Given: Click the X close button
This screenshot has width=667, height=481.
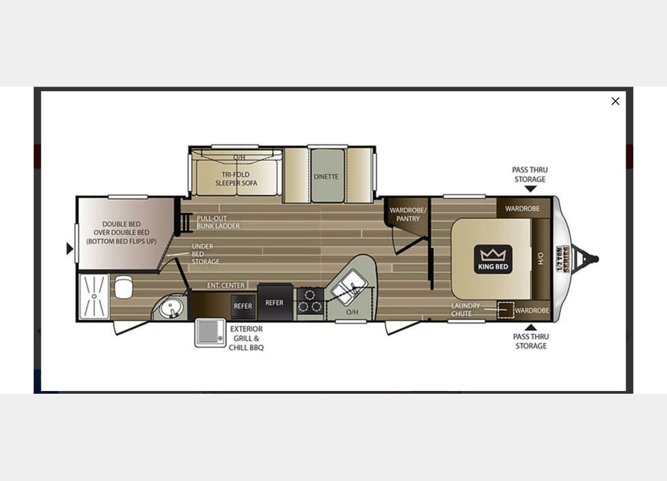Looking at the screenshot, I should tap(615, 101).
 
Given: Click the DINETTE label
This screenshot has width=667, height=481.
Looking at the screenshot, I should tap(326, 177).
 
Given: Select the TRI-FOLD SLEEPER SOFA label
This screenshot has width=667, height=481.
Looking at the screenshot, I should tap(236, 179).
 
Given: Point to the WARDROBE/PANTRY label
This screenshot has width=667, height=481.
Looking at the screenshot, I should tap(408, 214).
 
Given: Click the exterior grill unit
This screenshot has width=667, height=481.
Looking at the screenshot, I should tap(210, 333).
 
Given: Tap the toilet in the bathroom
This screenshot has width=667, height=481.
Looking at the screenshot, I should tap(124, 287).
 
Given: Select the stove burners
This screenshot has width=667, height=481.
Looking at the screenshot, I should tap(310, 301).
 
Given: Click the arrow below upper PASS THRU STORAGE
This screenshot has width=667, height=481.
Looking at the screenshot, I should tap(530, 189).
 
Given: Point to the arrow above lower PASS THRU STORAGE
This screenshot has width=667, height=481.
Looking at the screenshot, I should tap(530, 327).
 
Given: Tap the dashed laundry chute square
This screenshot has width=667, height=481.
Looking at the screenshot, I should tap(506, 311).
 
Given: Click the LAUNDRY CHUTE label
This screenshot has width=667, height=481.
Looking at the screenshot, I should tap(466, 310).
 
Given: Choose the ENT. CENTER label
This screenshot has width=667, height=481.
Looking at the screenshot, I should tap(226, 285).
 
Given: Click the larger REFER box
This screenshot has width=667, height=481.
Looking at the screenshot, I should tap(274, 303).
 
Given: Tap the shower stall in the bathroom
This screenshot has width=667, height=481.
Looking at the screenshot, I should tap(94, 296).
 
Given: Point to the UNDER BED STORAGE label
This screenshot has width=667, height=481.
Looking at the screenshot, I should tap(206, 254).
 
